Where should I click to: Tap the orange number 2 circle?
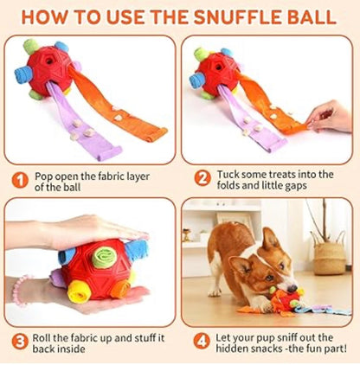202,179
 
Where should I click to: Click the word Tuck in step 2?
228,174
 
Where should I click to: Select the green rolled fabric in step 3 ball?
103,257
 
